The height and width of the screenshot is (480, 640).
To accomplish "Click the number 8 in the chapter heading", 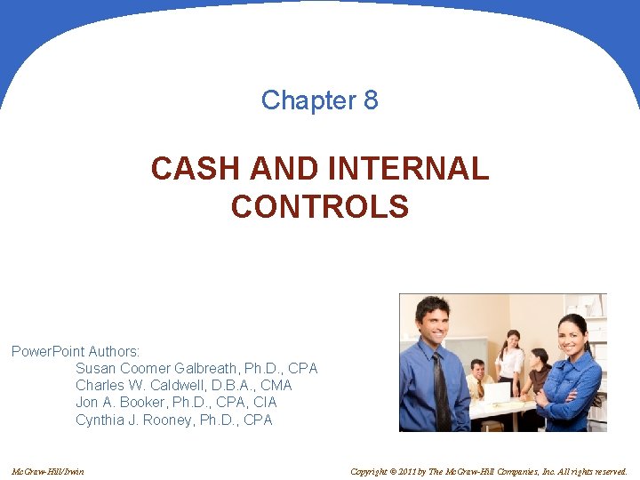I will (371, 100).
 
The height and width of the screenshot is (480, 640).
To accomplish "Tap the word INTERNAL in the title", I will (408, 168).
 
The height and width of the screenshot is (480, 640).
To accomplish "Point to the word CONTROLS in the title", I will (320, 207).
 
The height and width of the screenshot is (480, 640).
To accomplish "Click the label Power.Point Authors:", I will (76, 352).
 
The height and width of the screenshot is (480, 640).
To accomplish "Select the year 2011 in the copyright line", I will (408, 471).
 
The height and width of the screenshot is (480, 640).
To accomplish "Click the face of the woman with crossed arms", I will (569, 336).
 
